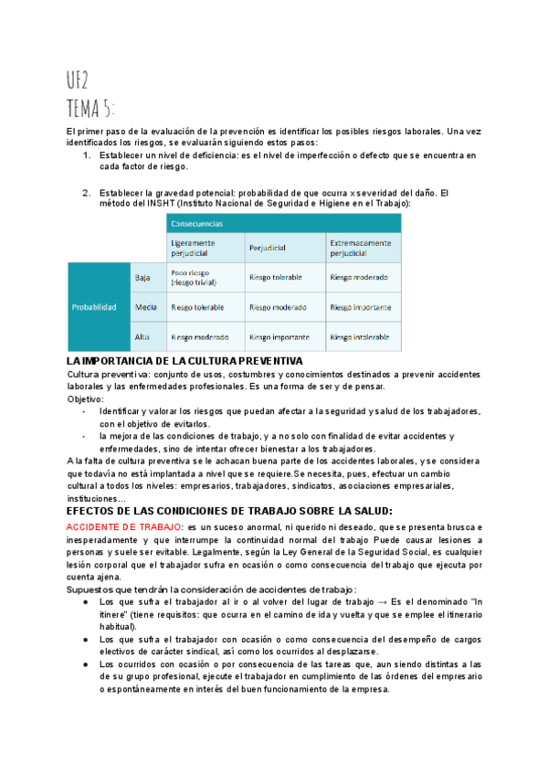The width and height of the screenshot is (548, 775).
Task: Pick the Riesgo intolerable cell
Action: (361, 336)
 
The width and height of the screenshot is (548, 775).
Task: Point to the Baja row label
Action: (142, 276)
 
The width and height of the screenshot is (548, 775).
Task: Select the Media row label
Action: (144, 307)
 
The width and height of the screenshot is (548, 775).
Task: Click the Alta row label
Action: (142, 336)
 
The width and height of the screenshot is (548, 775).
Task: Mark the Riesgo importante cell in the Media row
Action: (361, 307)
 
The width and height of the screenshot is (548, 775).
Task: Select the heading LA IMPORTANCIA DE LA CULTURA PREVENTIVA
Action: (185, 362)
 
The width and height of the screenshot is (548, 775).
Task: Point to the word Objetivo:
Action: (86, 399)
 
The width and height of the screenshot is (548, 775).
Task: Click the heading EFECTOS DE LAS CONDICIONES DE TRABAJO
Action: (229, 511)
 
